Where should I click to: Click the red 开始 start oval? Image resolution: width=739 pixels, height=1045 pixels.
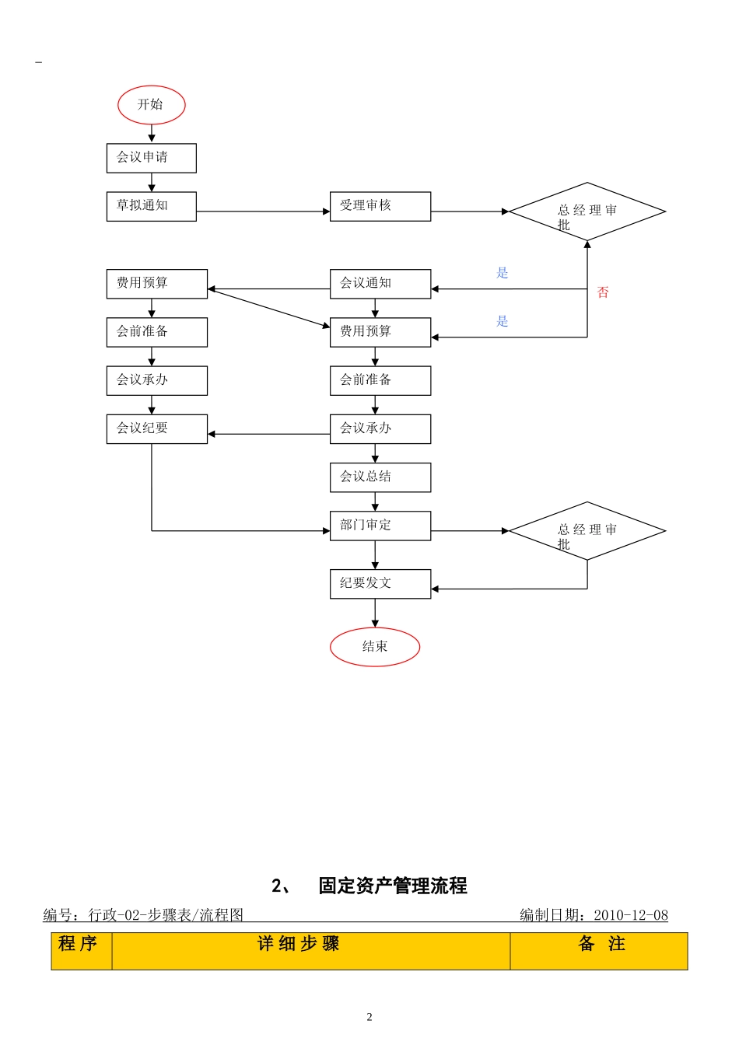pyautogui.click(x=152, y=105)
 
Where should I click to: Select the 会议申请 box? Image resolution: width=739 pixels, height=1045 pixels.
pyautogui.click(x=151, y=158)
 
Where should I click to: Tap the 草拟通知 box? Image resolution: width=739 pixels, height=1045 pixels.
pyautogui.click(x=151, y=206)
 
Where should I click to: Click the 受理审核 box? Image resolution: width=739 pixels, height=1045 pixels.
pyautogui.click(x=380, y=206)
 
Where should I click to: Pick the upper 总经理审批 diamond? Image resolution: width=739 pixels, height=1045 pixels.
pyautogui.click(x=587, y=211)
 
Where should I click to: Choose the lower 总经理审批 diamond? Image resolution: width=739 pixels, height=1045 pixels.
pyautogui.click(x=587, y=531)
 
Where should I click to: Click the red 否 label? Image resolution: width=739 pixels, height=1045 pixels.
pyautogui.click(x=603, y=292)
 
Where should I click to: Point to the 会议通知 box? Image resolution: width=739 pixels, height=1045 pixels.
pyautogui.click(x=380, y=284)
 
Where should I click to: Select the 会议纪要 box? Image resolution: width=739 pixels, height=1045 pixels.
pyautogui.click(x=156, y=428)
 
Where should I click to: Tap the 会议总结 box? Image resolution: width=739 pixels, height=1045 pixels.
pyautogui.click(x=380, y=477)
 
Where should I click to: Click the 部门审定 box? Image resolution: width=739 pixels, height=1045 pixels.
pyautogui.click(x=380, y=526)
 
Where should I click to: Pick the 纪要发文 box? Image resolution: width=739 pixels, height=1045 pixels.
pyautogui.click(x=380, y=584)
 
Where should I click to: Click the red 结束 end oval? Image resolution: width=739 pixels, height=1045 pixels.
pyautogui.click(x=375, y=647)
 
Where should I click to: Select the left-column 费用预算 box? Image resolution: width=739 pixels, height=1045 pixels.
pyautogui.click(x=156, y=284)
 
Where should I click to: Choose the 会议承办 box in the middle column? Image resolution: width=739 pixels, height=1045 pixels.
pyautogui.click(x=380, y=428)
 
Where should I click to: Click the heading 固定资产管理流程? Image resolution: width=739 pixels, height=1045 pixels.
pyautogui.click(x=392, y=886)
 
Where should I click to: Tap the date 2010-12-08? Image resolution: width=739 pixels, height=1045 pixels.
pyautogui.click(x=630, y=915)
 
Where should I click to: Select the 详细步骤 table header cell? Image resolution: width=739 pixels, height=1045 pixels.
pyautogui.click(x=299, y=945)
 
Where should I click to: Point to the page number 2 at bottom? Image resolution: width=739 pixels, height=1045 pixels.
pyautogui.click(x=369, y=1017)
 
